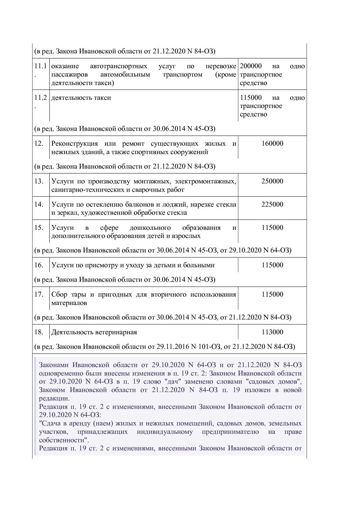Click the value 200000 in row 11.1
[x=251, y=66]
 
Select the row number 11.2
[x=40, y=98]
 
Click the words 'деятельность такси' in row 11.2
[x=81, y=98]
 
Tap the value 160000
[x=272, y=144]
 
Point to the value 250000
[x=272, y=181]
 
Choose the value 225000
[x=272, y=204]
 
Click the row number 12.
[x=39, y=144]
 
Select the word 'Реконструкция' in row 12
[x=74, y=144]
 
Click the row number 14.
[x=39, y=204]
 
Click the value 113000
[x=272, y=332]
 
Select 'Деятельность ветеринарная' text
[x=94, y=332]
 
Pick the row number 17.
[x=39, y=295]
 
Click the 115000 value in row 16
[x=272, y=265]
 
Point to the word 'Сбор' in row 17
[x=59, y=295]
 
